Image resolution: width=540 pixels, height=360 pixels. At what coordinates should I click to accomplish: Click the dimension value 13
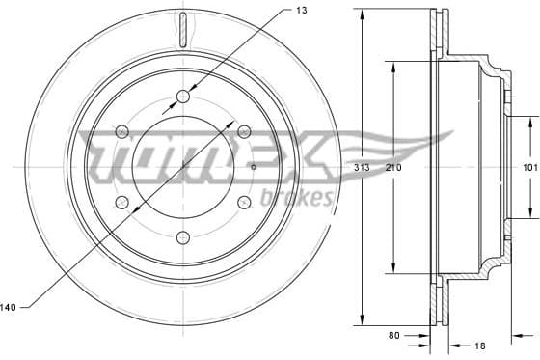pos(302,11)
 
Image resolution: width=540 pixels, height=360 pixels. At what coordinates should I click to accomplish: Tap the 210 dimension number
pos(393,168)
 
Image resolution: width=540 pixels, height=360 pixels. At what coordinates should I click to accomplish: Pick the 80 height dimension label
pos(394,337)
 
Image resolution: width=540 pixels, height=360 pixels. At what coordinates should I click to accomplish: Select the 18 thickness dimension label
pos(479,345)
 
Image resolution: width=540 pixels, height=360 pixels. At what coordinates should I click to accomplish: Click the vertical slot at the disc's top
pos(181,28)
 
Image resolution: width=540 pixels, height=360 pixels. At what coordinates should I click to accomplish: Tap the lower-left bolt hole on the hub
pos(121,202)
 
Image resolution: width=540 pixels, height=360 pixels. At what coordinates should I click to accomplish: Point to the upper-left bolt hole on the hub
pos(121,131)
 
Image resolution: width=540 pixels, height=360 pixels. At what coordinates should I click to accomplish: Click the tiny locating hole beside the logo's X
pos(253,166)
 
